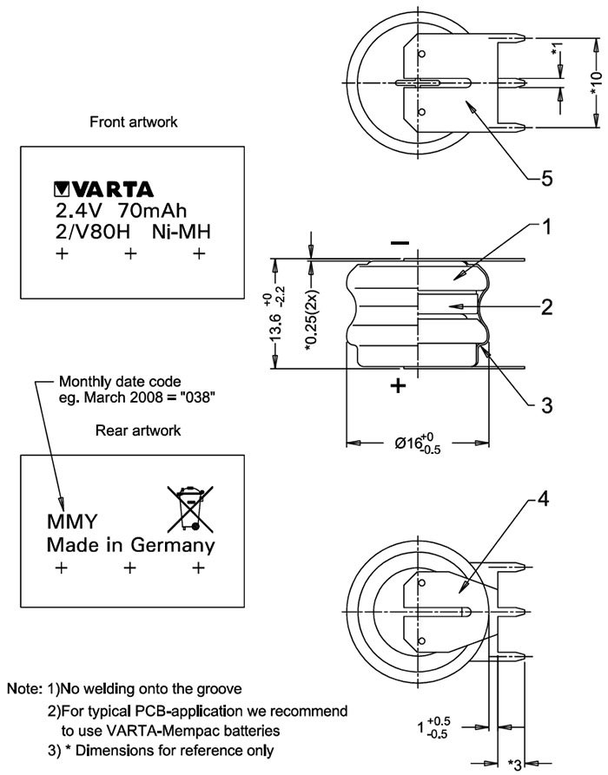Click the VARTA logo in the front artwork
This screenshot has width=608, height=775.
[103, 188]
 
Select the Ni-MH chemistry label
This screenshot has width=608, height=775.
[182, 232]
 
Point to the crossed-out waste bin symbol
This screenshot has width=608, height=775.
[189, 508]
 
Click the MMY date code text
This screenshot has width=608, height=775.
[70, 523]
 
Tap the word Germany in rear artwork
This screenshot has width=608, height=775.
[172, 546]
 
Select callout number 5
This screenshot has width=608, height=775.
[546, 179]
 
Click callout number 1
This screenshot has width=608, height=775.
[546, 227]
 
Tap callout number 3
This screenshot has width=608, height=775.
[546, 404]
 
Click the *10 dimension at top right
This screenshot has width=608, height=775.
[596, 82]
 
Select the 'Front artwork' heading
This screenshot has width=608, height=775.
[134, 122]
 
